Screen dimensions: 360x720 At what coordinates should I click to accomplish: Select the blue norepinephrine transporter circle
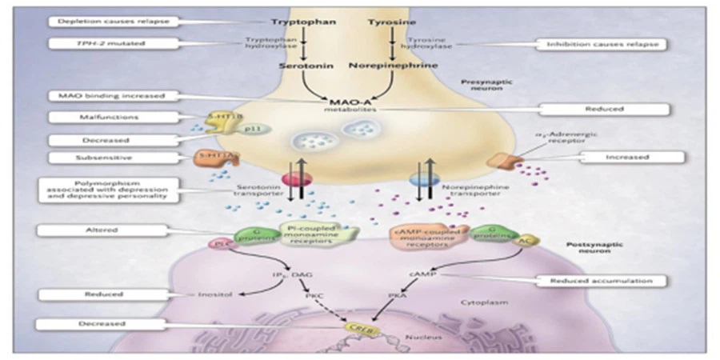tap(419, 179)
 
